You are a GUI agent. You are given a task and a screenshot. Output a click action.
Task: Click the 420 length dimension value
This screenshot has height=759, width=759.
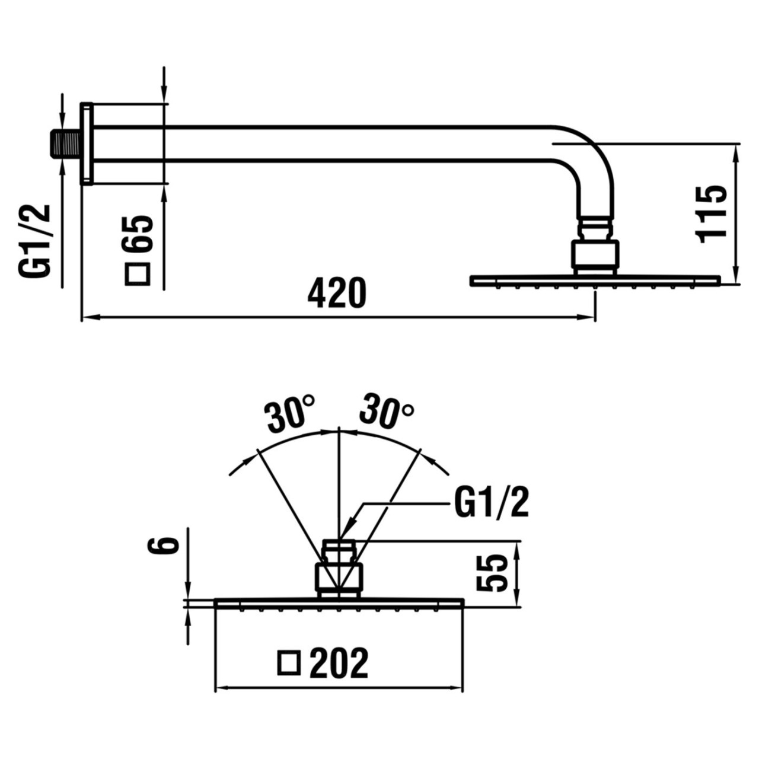[x=337, y=292]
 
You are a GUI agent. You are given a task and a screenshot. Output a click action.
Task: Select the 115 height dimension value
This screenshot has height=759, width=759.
[x=712, y=213]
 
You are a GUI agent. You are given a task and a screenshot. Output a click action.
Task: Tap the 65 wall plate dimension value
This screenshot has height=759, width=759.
[x=139, y=234]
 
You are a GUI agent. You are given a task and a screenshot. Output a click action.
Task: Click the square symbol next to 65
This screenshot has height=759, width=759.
[x=138, y=274]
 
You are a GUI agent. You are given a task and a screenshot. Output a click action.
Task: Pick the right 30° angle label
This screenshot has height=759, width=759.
[x=387, y=409]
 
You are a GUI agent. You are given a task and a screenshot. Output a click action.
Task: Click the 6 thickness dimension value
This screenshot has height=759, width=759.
[x=163, y=544]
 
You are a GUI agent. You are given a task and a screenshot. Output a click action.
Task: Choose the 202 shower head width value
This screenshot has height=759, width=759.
[x=339, y=663]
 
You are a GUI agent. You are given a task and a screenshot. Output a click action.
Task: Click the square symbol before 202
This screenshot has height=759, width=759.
[x=289, y=663]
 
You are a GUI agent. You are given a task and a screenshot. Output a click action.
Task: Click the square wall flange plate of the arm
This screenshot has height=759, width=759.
[x=87, y=143]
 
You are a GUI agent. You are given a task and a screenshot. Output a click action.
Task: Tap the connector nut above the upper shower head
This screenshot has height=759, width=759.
[x=595, y=255]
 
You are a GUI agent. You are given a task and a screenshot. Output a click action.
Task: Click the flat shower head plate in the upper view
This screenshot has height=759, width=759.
[x=595, y=280]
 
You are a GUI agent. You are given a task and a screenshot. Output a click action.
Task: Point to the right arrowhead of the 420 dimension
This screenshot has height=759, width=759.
[x=589, y=318]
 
